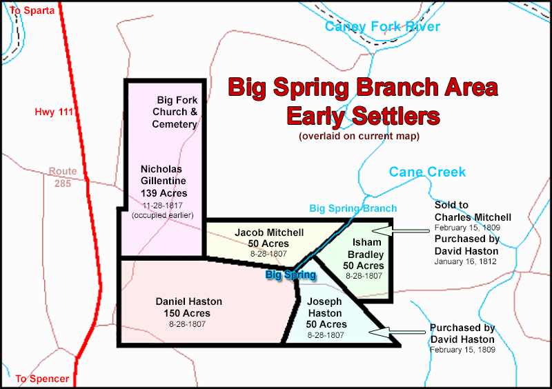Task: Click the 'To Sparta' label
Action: pyautogui.click(x=32, y=10)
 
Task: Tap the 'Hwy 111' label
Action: pyautogui.click(x=54, y=112)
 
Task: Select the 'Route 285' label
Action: pyautogui.click(x=63, y=177)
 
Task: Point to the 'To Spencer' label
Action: pyautogui.click(x=42, y=379)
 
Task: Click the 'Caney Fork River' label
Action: pyautogui.click(x=382, y=26)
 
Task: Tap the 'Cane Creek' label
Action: pyautogui.click(x=427, y=172)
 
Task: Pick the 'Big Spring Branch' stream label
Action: pyautogui.click(x=353, y=208)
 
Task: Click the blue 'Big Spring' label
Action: pyautogui.click(x=290, y=275)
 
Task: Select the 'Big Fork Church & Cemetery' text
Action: pyautogui.click(x=175, y=112)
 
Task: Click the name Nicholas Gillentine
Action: pyautogui.click(x=163, y=175)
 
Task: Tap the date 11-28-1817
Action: pyautogui.click(x=163, y=206)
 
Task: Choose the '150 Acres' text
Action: pyautogui.click(x=187, y=313)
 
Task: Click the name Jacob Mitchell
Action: pyautogui.click(x=269, y=232)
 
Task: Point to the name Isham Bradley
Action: pyautogui.click(x=366, y=248)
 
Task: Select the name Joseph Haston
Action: pyautogui.click(x=324, y=308)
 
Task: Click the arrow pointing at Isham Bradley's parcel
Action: pyautogui.click(x=401, y=231)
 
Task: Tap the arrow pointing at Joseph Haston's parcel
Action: pyautogui.click(x=397, y=332)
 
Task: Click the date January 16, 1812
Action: pyautogui.click(x=465, y=261)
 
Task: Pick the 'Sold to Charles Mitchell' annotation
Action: pyautogui.click(x=473, y=211)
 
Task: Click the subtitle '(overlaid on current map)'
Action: pyautogui.click(x=359, y=136)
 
